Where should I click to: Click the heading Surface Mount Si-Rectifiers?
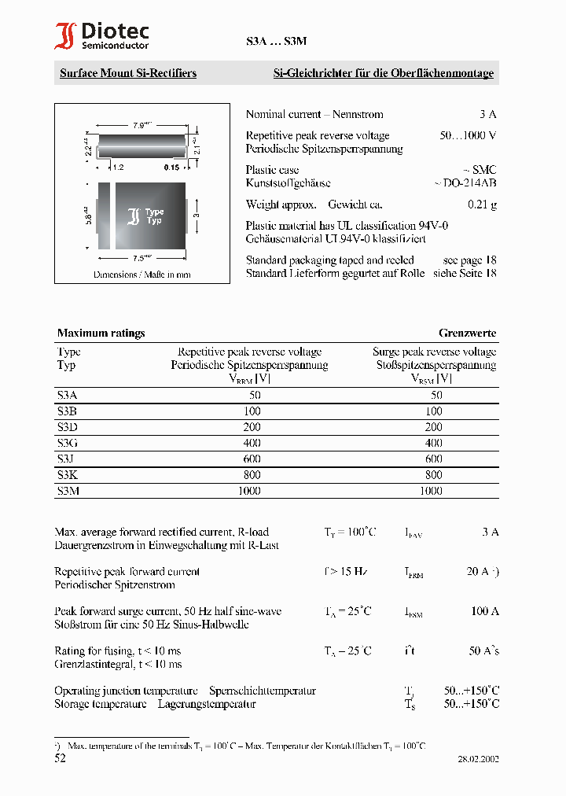(128, 73)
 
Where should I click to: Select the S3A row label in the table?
(68, 395)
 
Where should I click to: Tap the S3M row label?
(68, 490)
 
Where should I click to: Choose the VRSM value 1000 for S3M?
(431, 490)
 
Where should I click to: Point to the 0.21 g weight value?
(482, 205)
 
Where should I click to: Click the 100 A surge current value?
(485, 611)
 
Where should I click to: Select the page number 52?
(61, 758)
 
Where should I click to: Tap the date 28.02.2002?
(478, 759)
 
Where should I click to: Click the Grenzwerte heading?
(467, 333)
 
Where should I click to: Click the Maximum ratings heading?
(101, 333)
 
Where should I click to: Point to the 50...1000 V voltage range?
(468, 135)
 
